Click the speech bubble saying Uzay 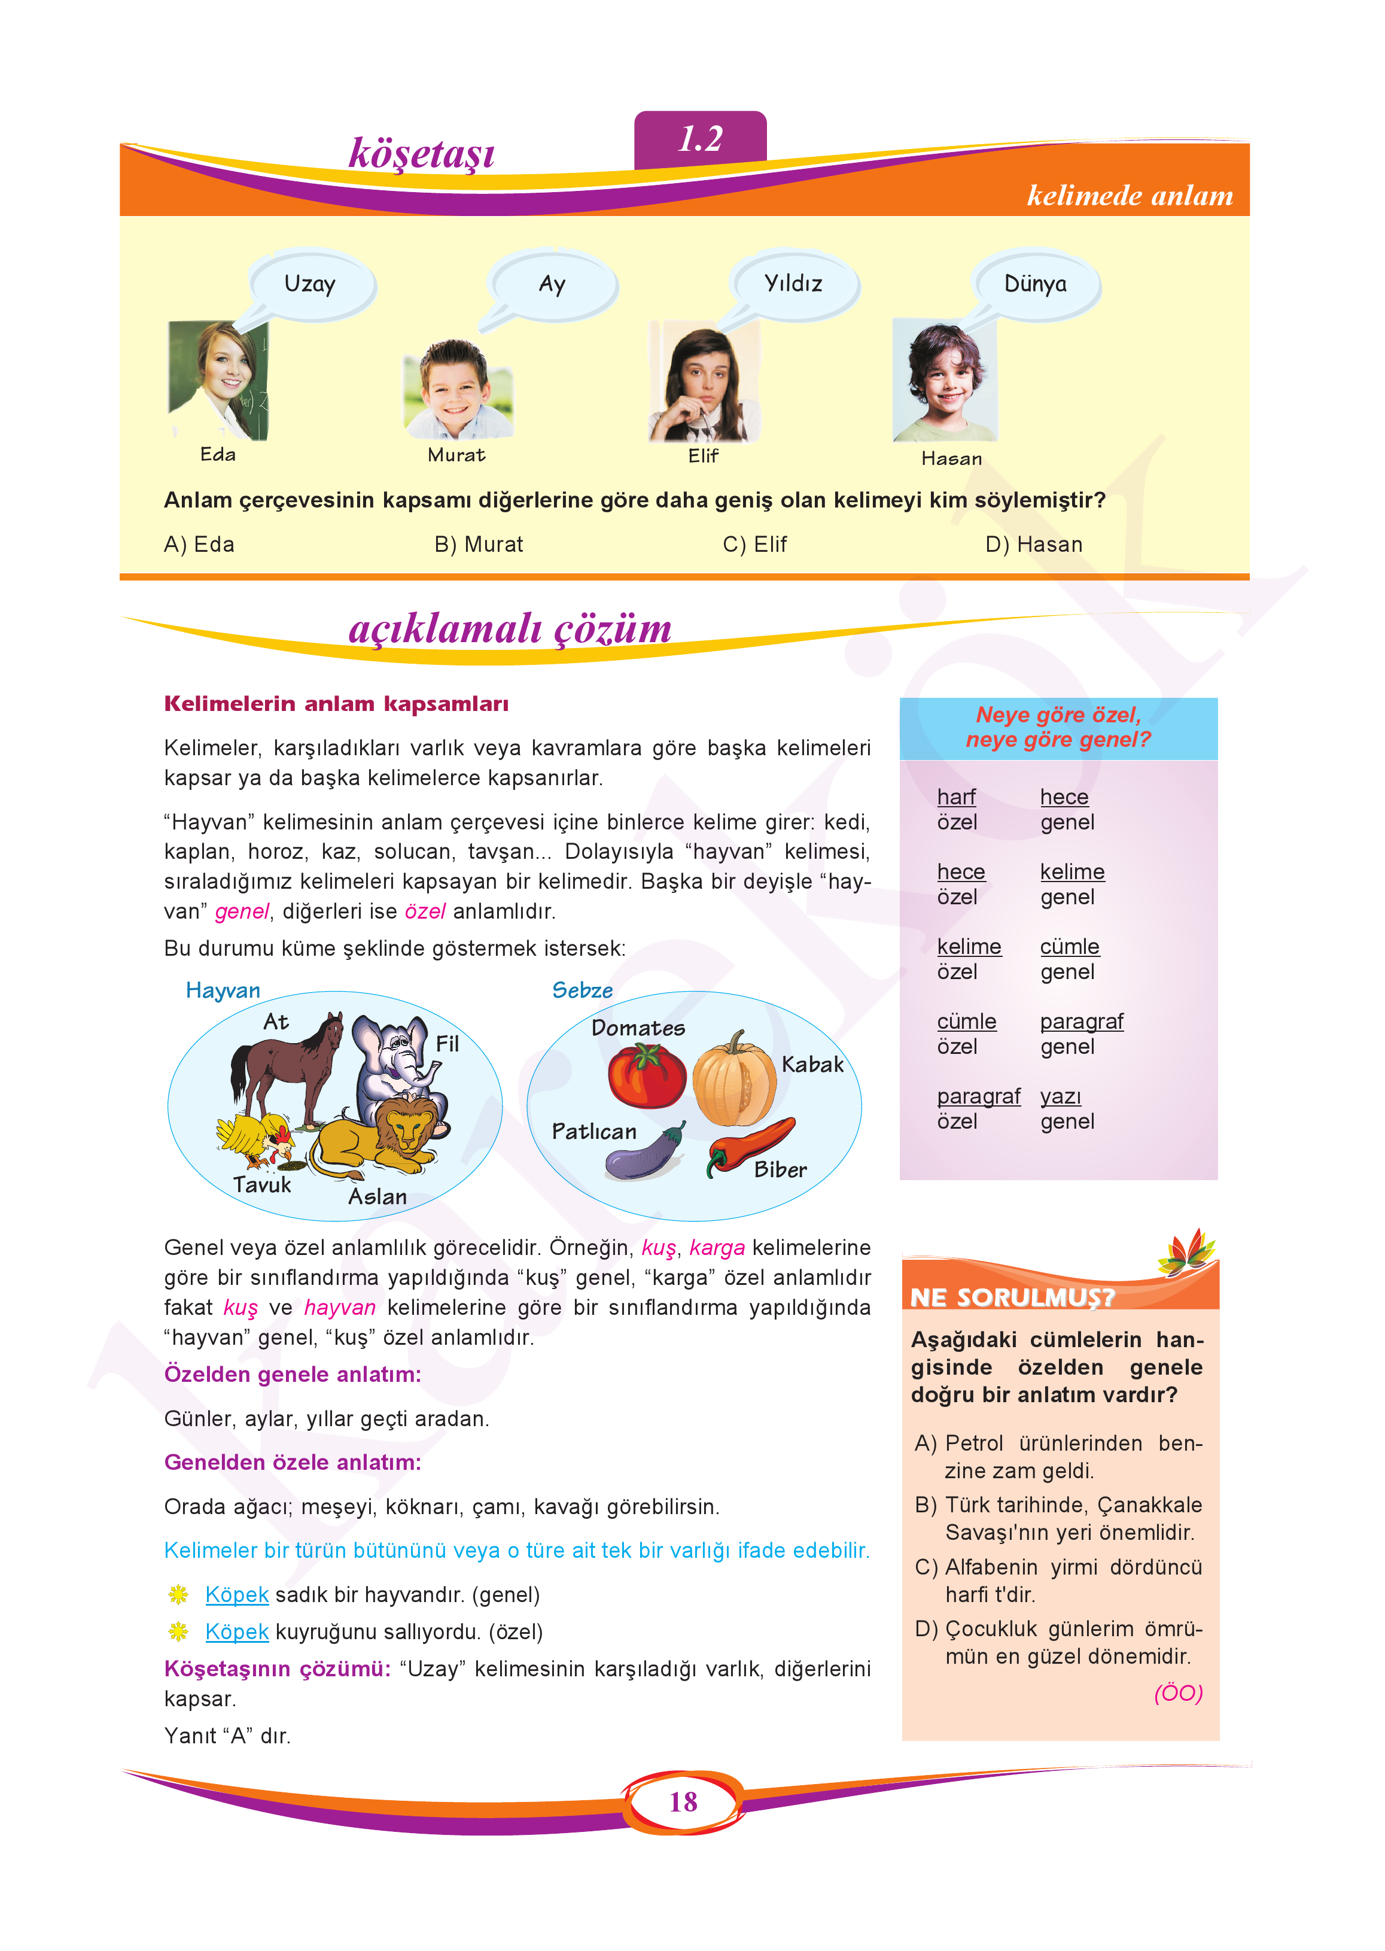pos(311,284)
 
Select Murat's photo pos(457,389)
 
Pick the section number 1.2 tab pos(700,139)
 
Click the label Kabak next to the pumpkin pos(812,1065)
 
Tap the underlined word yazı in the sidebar pos(1060,1096)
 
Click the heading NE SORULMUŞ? pos(1012,1297)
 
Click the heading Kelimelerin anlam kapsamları pos(336,704)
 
